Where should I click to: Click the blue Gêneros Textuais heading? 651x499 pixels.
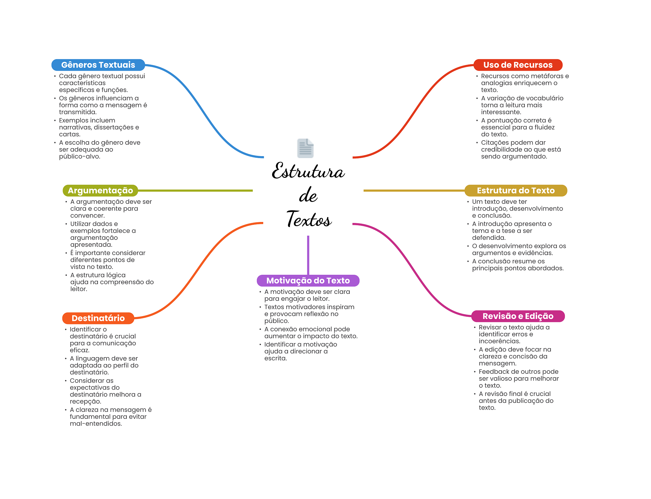pos(98,65)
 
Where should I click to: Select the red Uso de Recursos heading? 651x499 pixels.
pos(518,65)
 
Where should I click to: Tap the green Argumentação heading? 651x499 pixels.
pos(100,191)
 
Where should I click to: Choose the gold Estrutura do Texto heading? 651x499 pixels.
pos(516,191)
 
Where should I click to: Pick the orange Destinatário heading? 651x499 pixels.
pos(98,318)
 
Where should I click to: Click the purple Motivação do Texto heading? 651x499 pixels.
pos(308,281)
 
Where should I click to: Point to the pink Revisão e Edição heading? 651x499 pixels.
pos(518,316)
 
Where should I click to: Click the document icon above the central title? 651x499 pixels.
pos(305,148)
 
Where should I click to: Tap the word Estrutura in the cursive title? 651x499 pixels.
pos(308,171)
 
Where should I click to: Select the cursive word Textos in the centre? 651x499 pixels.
pos(309,219)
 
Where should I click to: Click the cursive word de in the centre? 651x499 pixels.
pos(308,195)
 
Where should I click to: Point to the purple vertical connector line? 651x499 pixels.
pos(308,255)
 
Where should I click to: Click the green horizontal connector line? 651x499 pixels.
pos(195,191)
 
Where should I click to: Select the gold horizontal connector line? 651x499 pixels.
pos(414,191)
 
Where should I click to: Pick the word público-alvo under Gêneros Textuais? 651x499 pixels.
pos(79,156)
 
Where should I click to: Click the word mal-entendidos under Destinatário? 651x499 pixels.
pos(96,424)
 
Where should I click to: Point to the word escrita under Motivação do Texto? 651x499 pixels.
pos(276,358)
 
